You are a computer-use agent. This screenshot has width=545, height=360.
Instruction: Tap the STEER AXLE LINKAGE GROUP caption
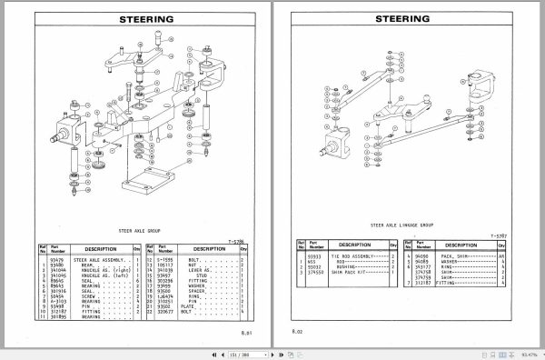[401, 223]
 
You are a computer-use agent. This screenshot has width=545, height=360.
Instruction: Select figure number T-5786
[236, 240]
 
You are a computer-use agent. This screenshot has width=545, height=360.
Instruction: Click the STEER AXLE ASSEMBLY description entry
[99, 260]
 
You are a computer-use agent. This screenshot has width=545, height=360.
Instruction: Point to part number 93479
[57, 260]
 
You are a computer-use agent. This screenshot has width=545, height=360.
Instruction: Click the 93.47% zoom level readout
[530, 353]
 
